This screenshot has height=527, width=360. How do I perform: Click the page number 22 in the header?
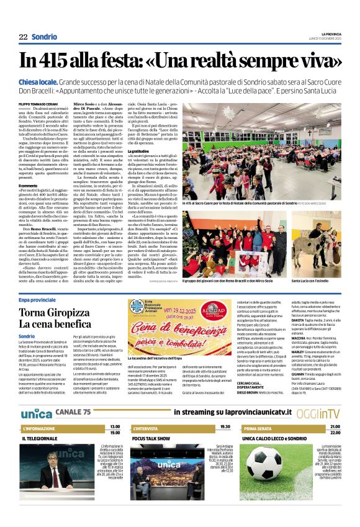(x=23, y=37)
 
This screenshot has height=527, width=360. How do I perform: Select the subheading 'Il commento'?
(x=29, y=186)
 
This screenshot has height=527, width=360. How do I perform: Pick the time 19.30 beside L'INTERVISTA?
(x=225, y=427)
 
